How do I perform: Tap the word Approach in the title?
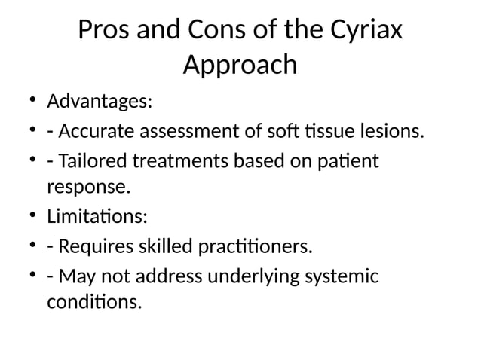click(x=240, y=66)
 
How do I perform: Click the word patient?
click(x=348, y=163)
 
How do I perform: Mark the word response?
click(x=84, y=185)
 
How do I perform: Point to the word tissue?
click(x=312, y=133)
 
